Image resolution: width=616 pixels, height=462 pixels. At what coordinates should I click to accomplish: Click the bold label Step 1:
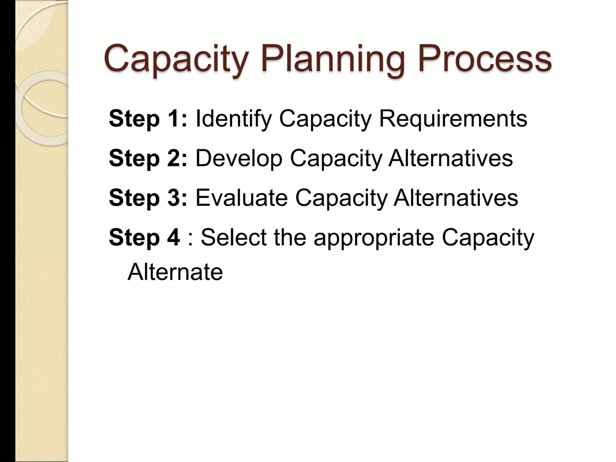pos(148,119)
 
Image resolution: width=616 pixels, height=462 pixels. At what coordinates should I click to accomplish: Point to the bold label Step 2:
pos(148,158)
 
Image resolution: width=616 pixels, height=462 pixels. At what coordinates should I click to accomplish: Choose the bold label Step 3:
pos(148,198)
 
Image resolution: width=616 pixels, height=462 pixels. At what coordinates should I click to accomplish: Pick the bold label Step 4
pos(144,238)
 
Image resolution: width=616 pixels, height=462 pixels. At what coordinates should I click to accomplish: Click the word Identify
pos(234,119)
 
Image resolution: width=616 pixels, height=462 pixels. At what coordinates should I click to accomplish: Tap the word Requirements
pos(453,119)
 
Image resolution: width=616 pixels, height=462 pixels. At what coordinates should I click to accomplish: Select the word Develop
pos(239,158)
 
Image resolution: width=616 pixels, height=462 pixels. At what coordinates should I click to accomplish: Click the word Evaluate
pos(242,198)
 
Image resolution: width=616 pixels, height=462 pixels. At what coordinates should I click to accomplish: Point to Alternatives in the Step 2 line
pos(450,158)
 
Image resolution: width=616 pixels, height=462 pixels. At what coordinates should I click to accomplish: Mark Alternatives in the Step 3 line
pos(456,198)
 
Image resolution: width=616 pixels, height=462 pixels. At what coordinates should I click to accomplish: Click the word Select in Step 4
pos(234,238)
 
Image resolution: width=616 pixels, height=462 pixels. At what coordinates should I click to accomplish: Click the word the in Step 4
pos(290,238)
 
